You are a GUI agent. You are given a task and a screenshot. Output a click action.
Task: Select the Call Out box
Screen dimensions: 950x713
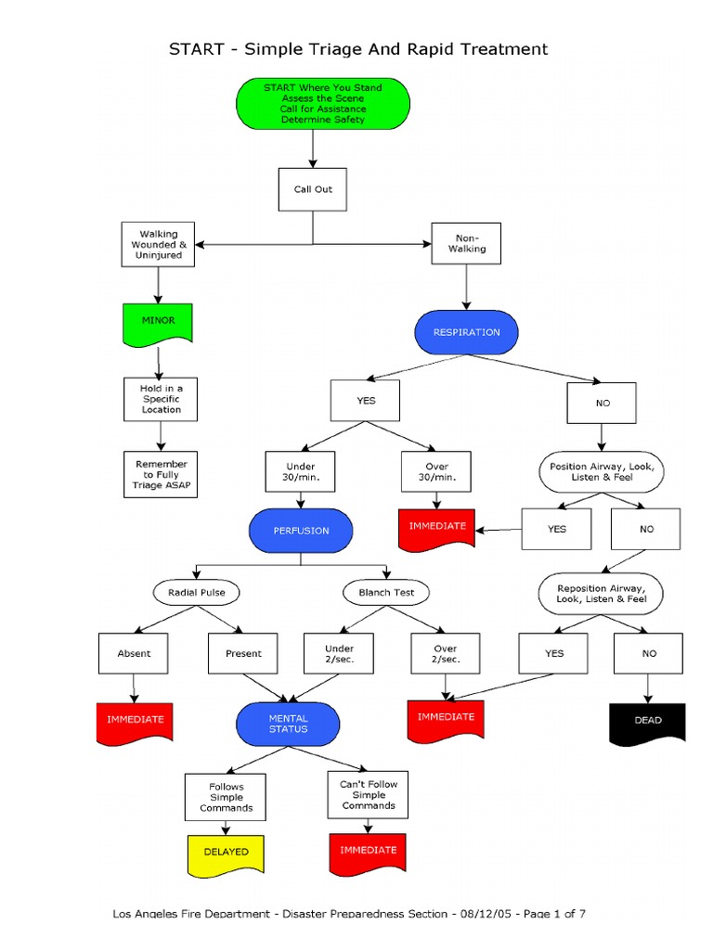(x=313, y=189)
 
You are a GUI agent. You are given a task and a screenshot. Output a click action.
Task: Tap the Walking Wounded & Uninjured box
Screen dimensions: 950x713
(x=158, y=244)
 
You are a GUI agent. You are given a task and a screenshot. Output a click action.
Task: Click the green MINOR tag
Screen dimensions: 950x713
(x=158, y=321)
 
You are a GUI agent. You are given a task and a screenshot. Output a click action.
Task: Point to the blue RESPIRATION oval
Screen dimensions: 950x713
(x=466, y=332)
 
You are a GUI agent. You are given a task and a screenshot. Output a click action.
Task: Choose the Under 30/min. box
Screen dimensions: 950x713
(x=300, y=472)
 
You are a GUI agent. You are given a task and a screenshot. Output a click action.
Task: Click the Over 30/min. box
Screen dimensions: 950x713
(x=435, y=472)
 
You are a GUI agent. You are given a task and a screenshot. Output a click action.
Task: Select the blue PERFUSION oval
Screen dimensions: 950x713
(x=301, y=532)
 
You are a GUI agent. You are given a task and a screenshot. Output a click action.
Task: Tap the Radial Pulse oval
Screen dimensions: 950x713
(x=196, y=592)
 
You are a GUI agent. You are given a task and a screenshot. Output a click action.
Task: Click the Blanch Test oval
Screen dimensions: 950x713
(x=379, y=592)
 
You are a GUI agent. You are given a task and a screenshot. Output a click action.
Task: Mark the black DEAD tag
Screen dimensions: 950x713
(x=647, y=721)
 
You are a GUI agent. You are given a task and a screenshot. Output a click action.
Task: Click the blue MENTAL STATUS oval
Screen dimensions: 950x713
(x=288, y=724)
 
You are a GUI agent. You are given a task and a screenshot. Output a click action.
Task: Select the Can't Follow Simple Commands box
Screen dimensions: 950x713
(x=368, y=795)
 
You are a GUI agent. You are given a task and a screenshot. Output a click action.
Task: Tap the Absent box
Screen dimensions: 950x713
(x=134, y=653)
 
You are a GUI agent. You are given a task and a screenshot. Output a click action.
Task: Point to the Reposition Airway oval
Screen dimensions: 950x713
(x=602, y=594)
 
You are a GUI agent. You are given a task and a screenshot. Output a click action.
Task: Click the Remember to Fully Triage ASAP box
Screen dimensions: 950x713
(x=161, y=475)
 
